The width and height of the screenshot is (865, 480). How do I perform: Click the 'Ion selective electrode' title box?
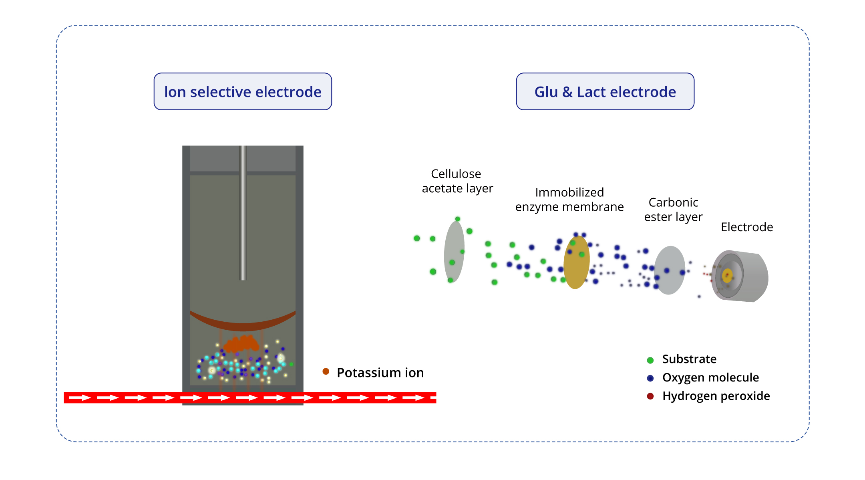tap(243, 92)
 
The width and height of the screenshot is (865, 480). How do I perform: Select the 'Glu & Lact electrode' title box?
tap(605, 92)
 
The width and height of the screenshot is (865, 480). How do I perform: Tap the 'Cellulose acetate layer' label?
tap(457, 181)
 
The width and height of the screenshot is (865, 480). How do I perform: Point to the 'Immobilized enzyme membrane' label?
tap(569, 200)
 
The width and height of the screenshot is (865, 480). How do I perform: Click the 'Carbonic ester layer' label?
tap(673, 210)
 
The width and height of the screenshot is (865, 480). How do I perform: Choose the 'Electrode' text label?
tap(746, 227)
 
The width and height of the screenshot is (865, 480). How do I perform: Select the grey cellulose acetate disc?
tap(454, 252)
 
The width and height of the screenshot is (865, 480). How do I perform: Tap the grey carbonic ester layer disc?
tap(670, 270)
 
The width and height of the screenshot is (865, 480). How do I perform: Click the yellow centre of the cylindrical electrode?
tap(727, 276)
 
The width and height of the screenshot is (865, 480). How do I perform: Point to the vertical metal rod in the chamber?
tap(243, 212)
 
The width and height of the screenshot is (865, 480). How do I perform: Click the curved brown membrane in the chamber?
tap(243, 323)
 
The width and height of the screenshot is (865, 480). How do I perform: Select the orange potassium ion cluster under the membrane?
tap(241, 343)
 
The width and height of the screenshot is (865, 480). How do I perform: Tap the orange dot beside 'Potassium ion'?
tap(326, 372)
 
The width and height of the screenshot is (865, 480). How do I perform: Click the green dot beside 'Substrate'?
tap(650, 360)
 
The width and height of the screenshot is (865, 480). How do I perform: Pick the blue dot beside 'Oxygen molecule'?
tap(650, 378)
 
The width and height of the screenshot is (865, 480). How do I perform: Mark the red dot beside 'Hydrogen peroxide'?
tap(650, 396)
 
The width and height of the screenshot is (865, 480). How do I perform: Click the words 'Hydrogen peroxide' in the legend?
tap(716, 396)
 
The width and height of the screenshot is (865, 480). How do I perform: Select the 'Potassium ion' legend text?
tap(380, 373)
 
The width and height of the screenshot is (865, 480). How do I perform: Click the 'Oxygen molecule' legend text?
tap(710, 378)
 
